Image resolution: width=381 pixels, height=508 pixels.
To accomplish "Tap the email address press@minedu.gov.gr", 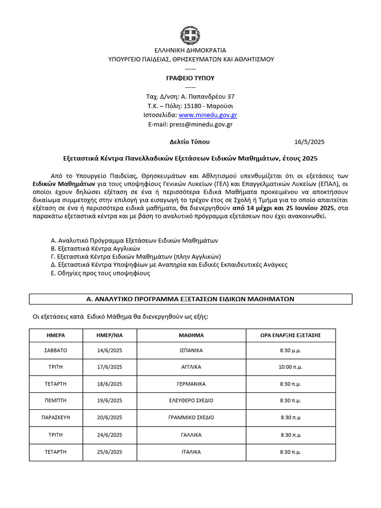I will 201,125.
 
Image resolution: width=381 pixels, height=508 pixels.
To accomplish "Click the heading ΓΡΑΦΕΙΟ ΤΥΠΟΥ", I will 190,78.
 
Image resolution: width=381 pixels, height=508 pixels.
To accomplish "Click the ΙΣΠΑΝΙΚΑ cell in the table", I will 191,350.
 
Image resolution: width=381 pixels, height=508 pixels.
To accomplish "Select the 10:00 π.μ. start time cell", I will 291,367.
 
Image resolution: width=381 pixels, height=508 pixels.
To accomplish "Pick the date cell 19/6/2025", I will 109,400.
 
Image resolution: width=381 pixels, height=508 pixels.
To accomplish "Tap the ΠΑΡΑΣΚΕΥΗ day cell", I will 56,417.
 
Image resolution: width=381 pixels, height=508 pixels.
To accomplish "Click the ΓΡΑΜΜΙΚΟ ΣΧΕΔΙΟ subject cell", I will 191,417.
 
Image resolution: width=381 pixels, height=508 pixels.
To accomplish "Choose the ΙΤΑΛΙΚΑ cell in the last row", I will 191,452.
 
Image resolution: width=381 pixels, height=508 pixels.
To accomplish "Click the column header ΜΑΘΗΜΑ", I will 191,335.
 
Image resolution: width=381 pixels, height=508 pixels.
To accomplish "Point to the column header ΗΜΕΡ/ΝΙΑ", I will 109,335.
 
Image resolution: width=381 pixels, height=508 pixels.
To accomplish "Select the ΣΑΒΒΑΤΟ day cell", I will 56,350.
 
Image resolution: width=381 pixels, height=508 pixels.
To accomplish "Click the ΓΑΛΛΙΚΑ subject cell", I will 191,435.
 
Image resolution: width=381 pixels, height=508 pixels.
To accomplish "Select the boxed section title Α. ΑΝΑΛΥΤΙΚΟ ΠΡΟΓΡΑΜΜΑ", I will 190,299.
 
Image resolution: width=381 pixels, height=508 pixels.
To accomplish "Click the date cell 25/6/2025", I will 109,452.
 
